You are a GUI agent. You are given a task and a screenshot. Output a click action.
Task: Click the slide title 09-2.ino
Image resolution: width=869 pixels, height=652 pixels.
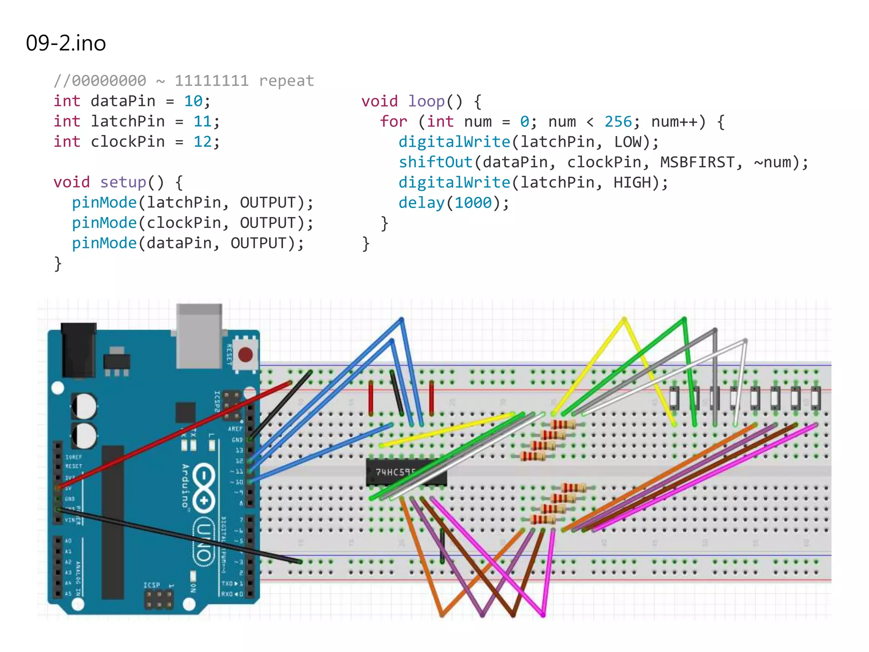pyautogui.click(x=66, y=43)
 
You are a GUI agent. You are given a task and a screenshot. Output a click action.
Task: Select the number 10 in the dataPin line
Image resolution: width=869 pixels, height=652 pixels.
pyautogui.click(x=193, y=101)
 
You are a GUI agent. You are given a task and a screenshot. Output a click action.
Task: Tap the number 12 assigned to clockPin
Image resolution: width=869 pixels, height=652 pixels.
pyautogui.click(x=202, y=142)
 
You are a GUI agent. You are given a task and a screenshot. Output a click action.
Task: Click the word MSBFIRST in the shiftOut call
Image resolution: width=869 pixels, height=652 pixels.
pyautogui.click(x=697, y=162)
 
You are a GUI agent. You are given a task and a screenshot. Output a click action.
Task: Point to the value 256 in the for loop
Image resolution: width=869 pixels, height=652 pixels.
pyautogui.click(x=618, y=122)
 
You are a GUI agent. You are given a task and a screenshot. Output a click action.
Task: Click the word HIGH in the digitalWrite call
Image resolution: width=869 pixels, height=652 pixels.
pyautogui.click(x=632, y=183)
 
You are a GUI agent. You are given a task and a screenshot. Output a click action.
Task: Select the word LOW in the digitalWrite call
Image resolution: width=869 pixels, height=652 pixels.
pyautogui.click(x=628, y=142)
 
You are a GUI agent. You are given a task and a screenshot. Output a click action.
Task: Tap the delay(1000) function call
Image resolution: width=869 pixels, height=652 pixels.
pyautogui.click(x=453, y=203)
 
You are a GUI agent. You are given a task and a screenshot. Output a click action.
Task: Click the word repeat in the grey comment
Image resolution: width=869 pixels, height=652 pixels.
pyautogui.click(x=286, y=81)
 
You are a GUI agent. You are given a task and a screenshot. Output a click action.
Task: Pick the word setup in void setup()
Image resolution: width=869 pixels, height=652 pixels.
pyautogui.click(x=123, y=182)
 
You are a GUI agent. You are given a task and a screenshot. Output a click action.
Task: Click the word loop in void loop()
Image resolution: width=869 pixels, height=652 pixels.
pyautogui.click(x=426, y=101)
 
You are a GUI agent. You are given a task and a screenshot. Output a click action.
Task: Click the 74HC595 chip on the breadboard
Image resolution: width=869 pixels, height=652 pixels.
pyautogui.click(x=405, y=472)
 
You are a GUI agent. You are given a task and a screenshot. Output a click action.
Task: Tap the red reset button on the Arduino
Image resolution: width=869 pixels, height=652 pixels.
pyautogui.click(x=245, y=354)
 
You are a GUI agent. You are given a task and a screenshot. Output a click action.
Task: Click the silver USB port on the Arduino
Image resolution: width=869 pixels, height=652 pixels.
pyautogui.click(x=199, y=335)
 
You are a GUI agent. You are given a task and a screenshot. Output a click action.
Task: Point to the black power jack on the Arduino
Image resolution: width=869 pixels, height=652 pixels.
pyautogui.click(x=78, y=350)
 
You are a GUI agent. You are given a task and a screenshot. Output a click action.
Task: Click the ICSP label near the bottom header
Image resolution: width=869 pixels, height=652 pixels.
pyautogui.click(x=151, y=585)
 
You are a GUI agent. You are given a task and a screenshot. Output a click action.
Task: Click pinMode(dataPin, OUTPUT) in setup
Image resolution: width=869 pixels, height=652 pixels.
pyautogui.click(x=187, y=243)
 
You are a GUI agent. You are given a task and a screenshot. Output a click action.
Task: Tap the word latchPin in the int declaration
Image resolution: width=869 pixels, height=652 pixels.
pyautogui.click(x=127, y=121)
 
